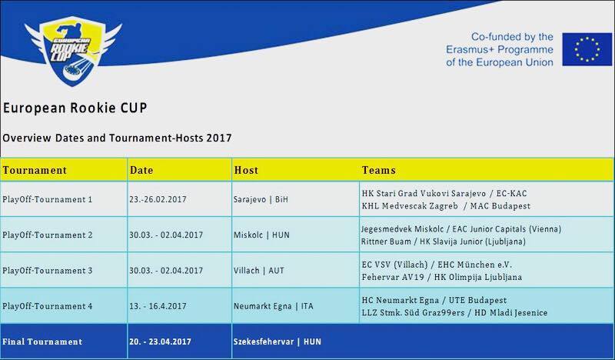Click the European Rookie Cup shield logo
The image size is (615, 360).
tap(73, 50)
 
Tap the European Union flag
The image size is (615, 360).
tap(587, 49)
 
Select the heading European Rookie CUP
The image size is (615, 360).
tap(75, 108)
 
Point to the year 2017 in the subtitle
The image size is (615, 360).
tap(219, 138)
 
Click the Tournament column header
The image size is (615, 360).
tap(35, 170)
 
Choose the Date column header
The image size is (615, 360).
tap(141, 170)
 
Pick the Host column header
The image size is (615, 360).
tap(246, 170)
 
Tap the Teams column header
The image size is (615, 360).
tap(378, 170)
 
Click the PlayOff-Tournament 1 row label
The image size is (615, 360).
tap(47, 199)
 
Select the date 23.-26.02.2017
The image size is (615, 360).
tap(158, 199)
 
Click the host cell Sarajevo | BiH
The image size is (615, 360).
tap(261, 199)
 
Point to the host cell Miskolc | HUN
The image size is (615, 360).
tap(261, 235)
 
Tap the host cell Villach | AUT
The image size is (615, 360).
tap(259, 271)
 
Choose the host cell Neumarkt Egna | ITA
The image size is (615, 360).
tap(274, 306)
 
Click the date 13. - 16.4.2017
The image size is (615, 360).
tap(158, 306)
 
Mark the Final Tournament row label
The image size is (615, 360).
tap(42, 342)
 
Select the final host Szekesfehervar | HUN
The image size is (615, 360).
tap(278, 342)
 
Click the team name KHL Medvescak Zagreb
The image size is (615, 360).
tap(410, 206)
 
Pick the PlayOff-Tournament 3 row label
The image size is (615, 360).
tap(48, 271)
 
